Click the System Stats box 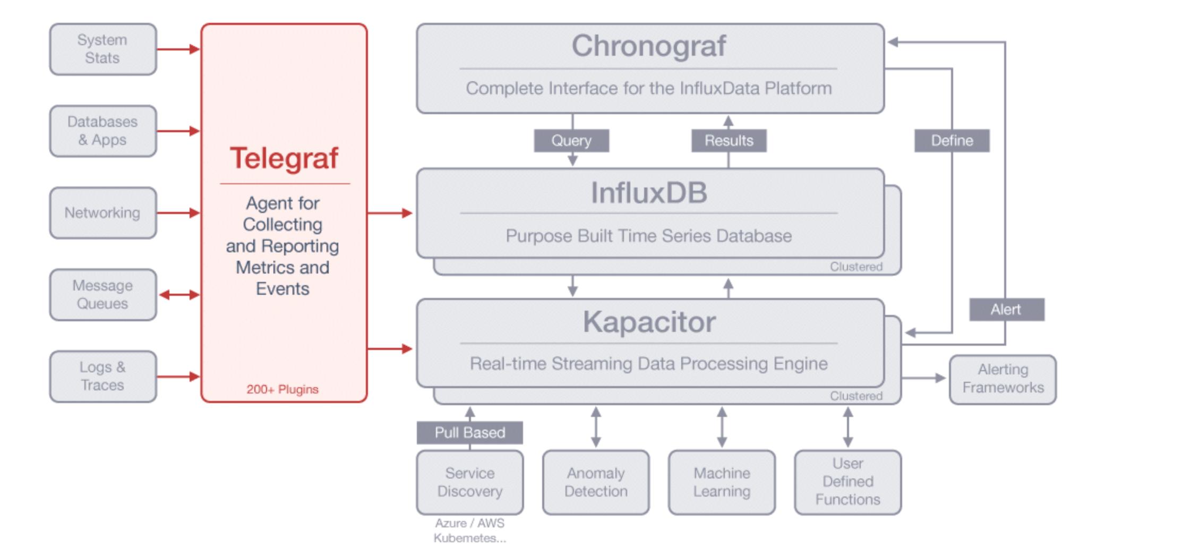pos(103,49)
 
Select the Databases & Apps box pos(103,131)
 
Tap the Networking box pos(103,212)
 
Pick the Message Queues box pos(103,294)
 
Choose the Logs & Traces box pos(103,376)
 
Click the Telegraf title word pos(284,158)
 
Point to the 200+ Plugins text pos(282,389)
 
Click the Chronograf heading pos(649,46)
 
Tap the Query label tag pos(571,141)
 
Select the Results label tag pos(729,141)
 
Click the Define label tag pos(952,141)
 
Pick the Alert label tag pos(1007,310)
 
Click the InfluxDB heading pos(649,192)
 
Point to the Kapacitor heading pos(649,322)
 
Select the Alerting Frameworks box pos(1003,379)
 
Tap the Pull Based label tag pos(470,432)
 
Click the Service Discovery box pos(470,482)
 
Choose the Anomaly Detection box pos(596,482)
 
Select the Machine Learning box pos(722,482)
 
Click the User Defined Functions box pos(848,482)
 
